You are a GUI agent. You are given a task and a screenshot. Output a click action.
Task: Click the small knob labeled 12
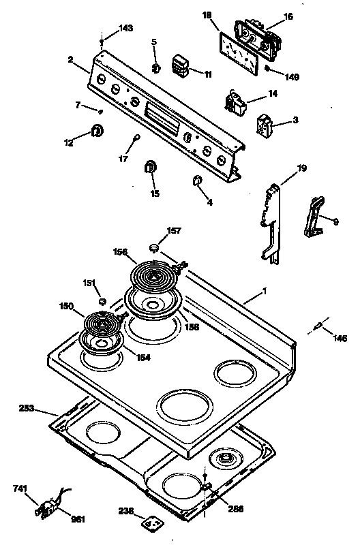97,130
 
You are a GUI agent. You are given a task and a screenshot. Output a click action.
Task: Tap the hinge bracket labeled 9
314,217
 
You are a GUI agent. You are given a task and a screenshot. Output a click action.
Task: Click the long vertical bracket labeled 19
270,221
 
